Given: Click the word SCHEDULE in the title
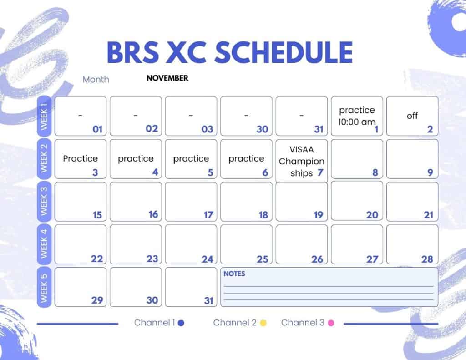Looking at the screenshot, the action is [x=284, y=52].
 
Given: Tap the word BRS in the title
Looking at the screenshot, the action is [x=133, y=52].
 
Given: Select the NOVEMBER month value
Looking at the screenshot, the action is [x=167, y=78].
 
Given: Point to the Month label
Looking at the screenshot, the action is [x=96, y=80].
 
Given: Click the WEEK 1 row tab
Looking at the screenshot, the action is [x=44, y=116].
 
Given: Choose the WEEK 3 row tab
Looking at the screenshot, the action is [x=44, y=201].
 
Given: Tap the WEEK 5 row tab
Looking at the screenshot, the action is [x=44, y=288].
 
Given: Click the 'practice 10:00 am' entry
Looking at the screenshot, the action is [x=357, y=116].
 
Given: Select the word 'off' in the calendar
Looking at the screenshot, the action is [x=412, y=116].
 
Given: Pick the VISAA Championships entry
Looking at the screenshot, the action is [x=301, y=161].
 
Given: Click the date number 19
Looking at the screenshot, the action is [x=318, y=215].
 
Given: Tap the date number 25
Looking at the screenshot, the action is [x=263, y=259].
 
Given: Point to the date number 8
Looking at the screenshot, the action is [x=375, y=172].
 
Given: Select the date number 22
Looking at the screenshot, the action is [x=97, y=259].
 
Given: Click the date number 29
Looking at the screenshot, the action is [x=97, y=300].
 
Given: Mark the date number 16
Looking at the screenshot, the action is [x=153, y=214].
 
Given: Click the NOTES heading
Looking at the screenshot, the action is [x=234, y=274].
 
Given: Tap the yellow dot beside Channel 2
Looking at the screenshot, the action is [x=263, y=323].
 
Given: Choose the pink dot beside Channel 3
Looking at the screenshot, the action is [x=331, y=323].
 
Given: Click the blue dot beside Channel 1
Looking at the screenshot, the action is [x=181, y=323].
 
